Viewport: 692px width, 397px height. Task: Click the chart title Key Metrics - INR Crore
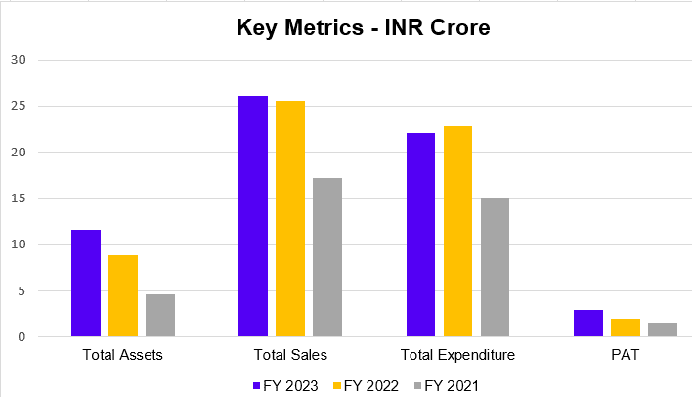pos(363,27)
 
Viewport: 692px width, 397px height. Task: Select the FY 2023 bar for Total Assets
pos(86,284)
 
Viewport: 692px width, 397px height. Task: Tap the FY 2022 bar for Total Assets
pos(123,296)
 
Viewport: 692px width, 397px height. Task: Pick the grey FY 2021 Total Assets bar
pos(160,316)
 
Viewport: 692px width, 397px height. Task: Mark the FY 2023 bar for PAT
pos(588,324)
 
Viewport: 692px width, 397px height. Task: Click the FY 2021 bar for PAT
pos(663,330)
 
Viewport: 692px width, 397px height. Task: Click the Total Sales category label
pos(290,354)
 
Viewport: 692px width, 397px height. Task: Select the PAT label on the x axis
pos(626,354)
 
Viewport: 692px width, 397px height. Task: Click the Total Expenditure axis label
pos(458,354)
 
